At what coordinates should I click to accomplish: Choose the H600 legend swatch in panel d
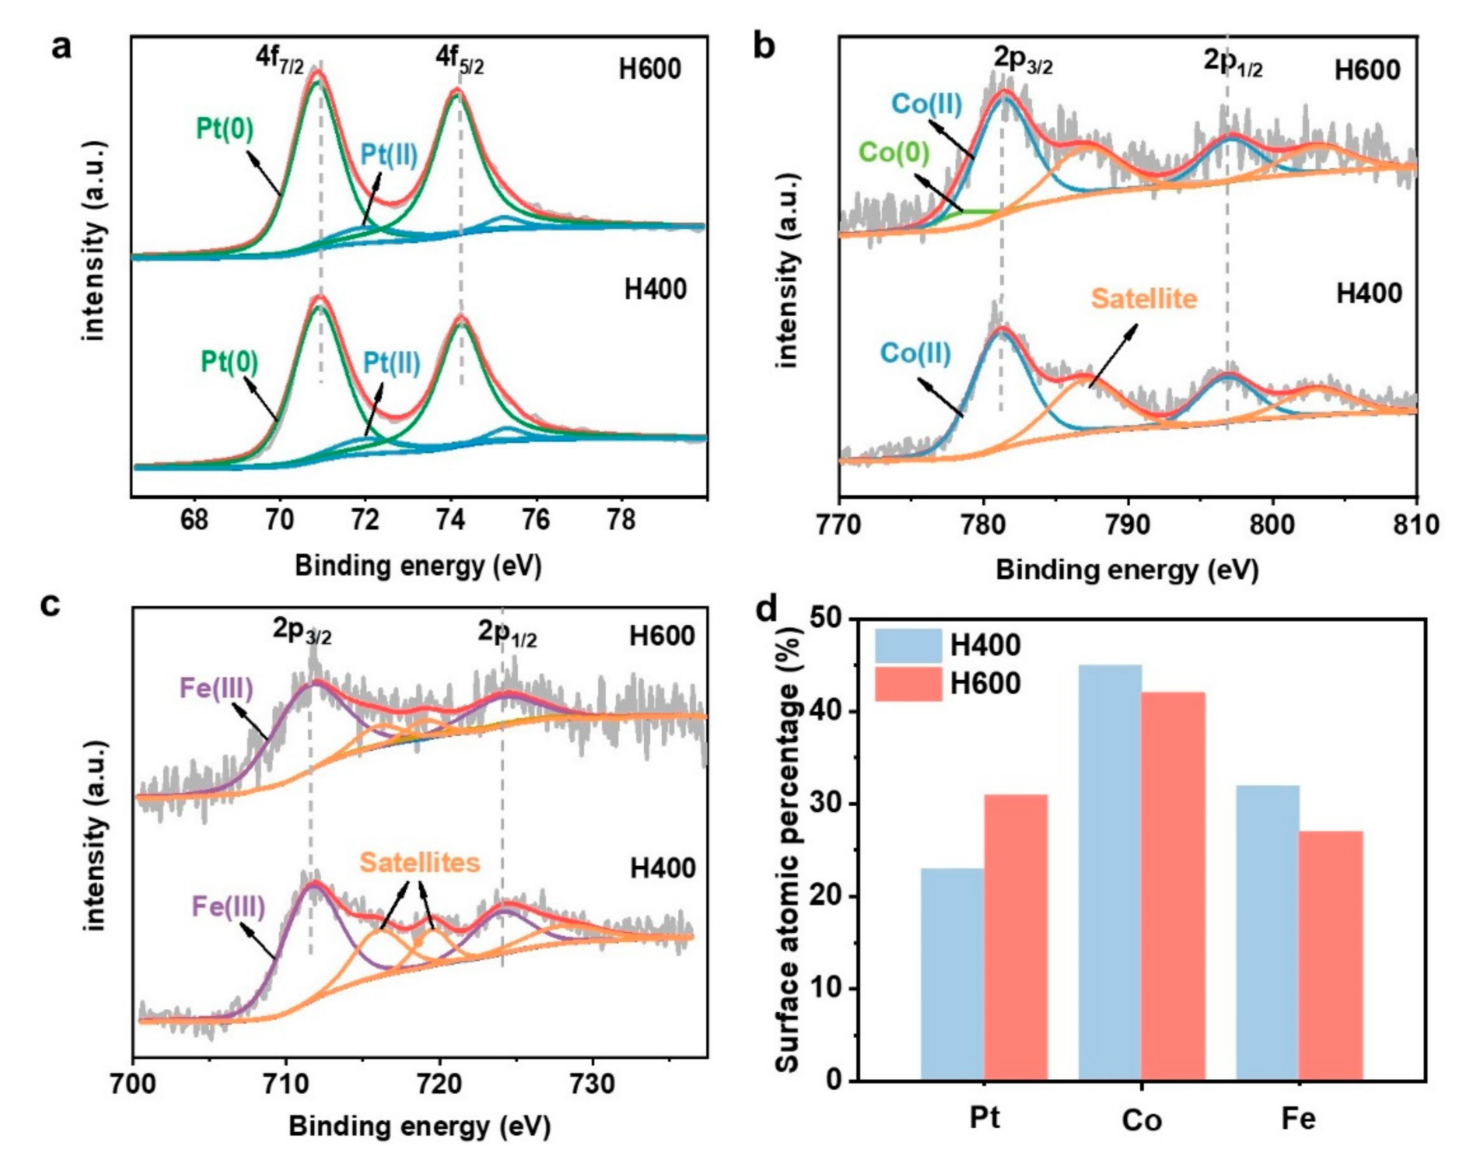click(908, 683)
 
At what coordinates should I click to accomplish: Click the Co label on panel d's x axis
click(1142, 1120)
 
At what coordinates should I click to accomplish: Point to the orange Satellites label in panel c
click(420, 862)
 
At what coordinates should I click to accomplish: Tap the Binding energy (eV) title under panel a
click(419, 565)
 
